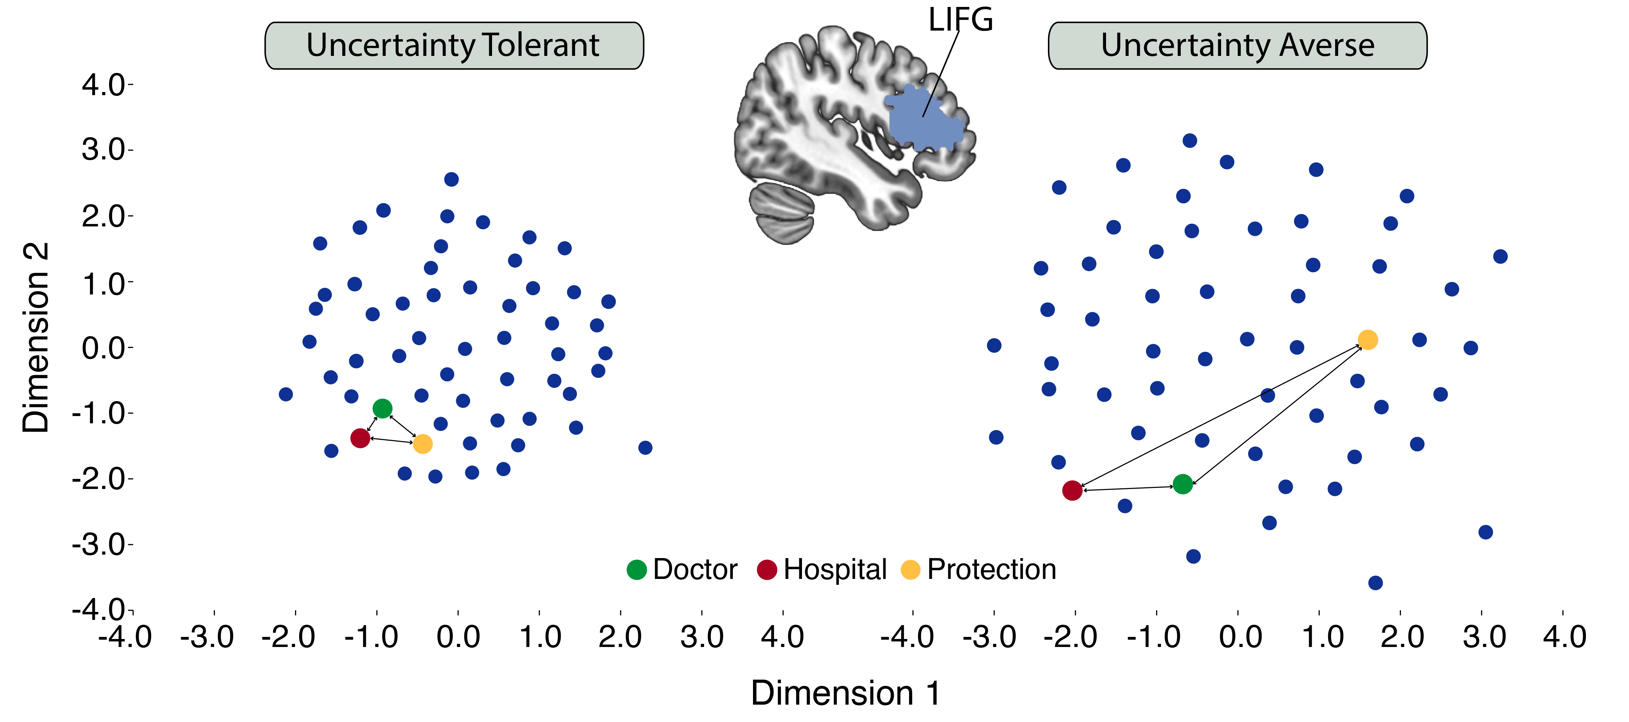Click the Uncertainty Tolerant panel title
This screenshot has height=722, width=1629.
pyautogui.click(x=453, y=45)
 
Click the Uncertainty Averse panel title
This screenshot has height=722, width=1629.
pyautogui.click(x=1237, y=45)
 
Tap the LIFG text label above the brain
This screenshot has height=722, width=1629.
pyautogui.click(x=960, y=19)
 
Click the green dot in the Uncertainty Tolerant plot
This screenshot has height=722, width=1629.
pyautogui.click(x=382, y=408)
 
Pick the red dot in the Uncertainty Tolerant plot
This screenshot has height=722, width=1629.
pyautogui.click(x=360, y=438)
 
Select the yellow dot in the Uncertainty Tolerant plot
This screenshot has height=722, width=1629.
pyautogui.click(x=423, y=444)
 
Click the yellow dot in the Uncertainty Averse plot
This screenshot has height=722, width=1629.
pyautogui.click(x=1367, y=340)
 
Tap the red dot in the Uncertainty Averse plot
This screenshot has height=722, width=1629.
pyautogui.click(x=1072, y=490)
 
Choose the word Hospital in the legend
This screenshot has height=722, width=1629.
pyautogui.click(x=835, y=570)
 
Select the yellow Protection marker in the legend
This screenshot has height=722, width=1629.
pyautogui.click(x=910, y=570)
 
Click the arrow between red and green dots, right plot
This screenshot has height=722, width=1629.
pyautogui.click(x=1128, y=488)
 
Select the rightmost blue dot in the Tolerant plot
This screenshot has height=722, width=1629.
pyautogui.click(x=645, y=448)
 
